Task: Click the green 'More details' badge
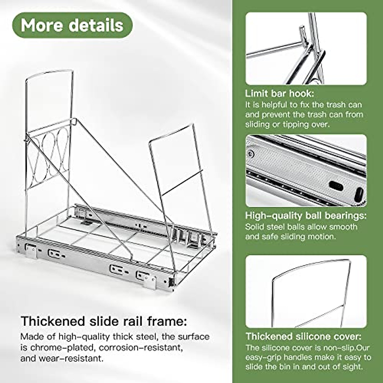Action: [72, 25]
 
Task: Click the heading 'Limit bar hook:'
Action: [280, 94]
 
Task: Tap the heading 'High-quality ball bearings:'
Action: [306, 215]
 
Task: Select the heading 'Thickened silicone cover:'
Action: [304, 336]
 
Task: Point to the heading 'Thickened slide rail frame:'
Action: [103, 321]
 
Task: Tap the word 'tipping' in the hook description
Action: [295, 124]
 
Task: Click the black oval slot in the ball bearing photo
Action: [336, 186]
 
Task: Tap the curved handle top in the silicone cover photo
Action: [311, 268]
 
